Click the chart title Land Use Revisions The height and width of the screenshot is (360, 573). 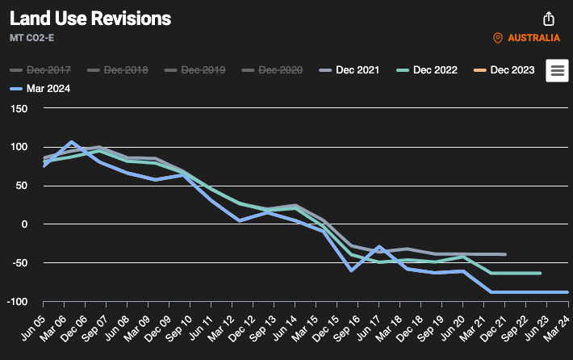pyautogui.click(x=90, y=19)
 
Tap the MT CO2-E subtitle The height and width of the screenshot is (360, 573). pyautogui.click(x=31, y=38)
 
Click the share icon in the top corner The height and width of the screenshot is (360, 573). pyautogui.click(x=549, y=19)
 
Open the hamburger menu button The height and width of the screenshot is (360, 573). pyautogui.click(x=557, y=70)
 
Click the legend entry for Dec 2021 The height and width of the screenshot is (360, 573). pyautogui.click(x=349, y=69)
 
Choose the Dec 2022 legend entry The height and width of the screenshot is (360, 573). pyautogui.click(x=427, y=69)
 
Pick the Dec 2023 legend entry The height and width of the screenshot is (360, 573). pyautogui.click(x=504, y=69)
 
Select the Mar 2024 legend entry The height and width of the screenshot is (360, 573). pyautogui.click(x=40, y=89)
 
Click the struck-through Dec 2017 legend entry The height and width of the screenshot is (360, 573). pyautogui.click(x=40, y=69)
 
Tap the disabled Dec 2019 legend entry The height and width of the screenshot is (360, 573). pyautogui.click(x=194, y=69)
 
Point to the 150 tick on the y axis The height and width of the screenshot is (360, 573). pyautogui.click(x=19, y=108)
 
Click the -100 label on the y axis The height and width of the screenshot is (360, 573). pyautogui.click(x=17, y=302)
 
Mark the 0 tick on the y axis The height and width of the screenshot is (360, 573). pyautogui.click(x=24, y=224)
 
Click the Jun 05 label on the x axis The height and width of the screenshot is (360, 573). pyautogui.click(x=34, y=328)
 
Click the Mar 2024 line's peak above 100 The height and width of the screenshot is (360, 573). pyautogui.click(x=71, y=141)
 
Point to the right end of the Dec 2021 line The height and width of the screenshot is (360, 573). pyautogui.click(x=505, y=254)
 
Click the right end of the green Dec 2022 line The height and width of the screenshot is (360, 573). pyautogui.click(x=540, y=273)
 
